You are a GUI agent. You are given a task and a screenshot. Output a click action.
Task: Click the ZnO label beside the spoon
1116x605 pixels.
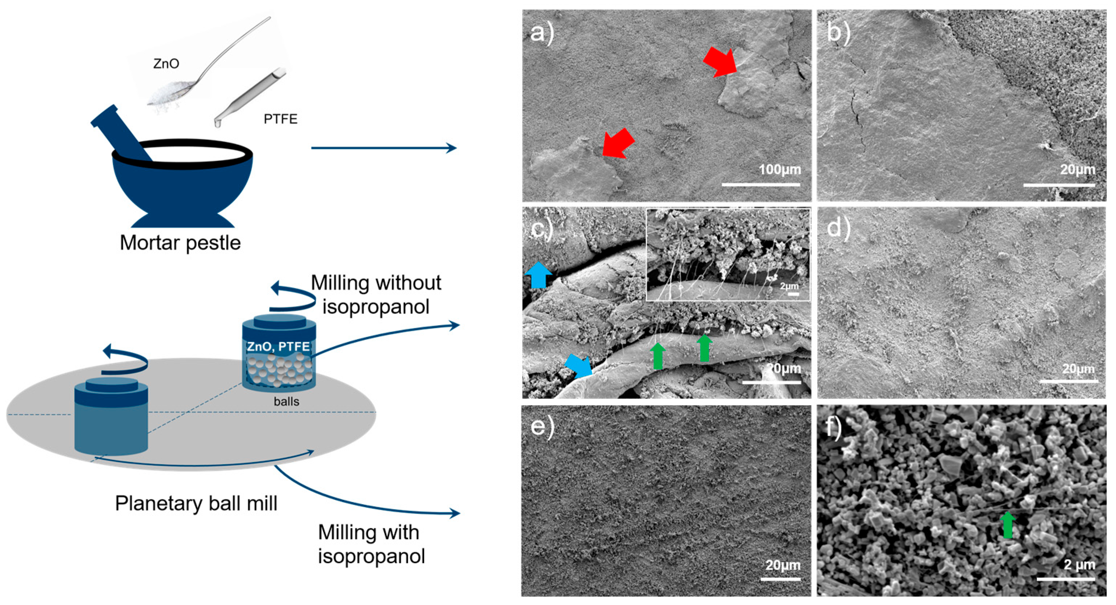166,64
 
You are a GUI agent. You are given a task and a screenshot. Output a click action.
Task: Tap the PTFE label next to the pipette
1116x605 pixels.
280,119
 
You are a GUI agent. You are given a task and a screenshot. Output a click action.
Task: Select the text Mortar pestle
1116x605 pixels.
180,243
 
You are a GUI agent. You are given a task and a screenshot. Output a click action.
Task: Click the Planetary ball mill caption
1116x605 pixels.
196,504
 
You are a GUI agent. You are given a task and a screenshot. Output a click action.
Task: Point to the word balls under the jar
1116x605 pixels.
286,401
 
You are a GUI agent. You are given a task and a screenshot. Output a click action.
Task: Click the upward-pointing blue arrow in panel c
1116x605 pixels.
538,275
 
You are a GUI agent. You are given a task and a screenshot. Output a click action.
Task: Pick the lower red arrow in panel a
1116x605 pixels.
618,143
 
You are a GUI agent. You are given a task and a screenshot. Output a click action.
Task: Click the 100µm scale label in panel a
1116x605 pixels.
780,169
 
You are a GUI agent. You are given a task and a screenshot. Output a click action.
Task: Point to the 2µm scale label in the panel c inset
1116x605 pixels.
789,286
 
